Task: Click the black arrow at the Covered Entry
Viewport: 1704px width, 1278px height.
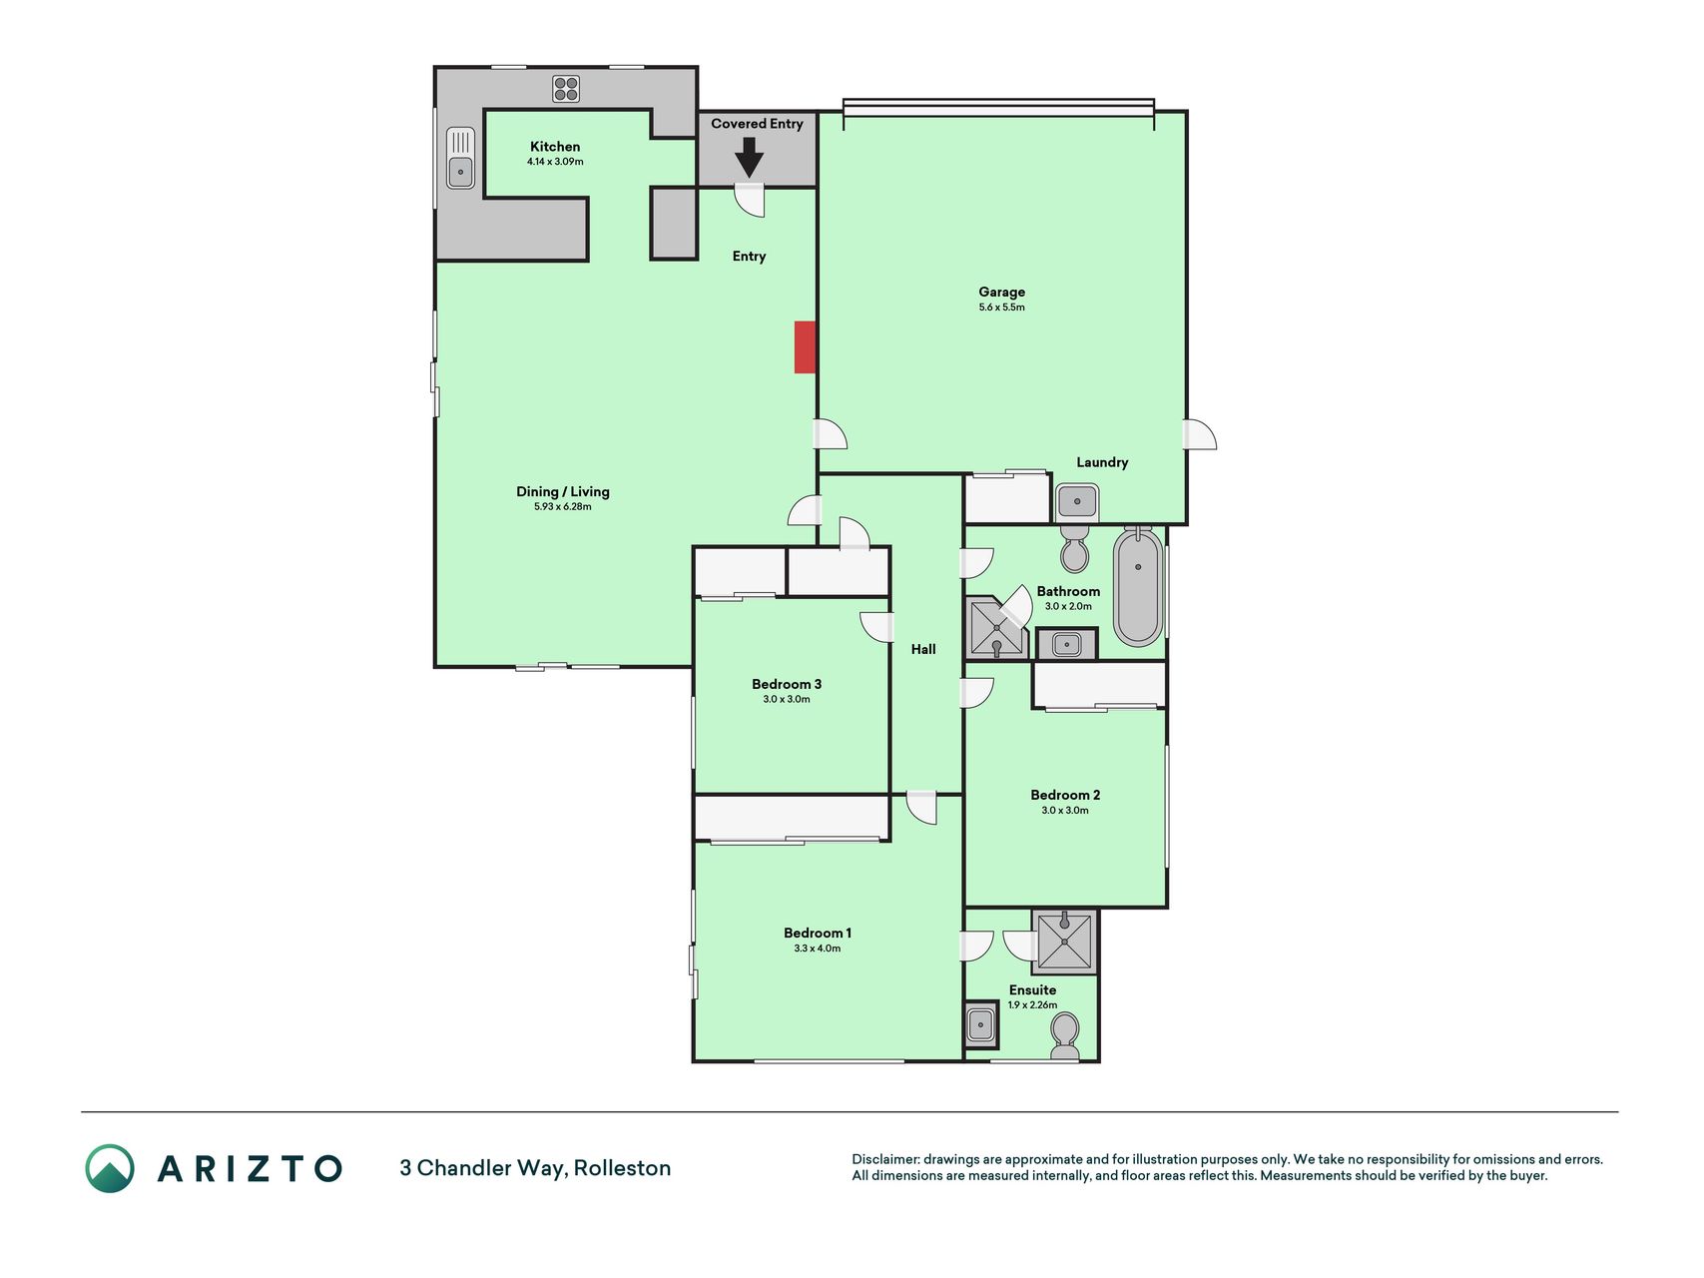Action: pyautogui.click(x=750, y=158)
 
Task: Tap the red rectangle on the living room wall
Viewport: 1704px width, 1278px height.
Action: pyautogui.click(x=806, y=347)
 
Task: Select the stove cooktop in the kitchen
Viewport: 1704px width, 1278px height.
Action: pyautogui.click(x=566, y=89)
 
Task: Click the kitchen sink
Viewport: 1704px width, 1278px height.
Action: pyautogui.click(x=460, y=157)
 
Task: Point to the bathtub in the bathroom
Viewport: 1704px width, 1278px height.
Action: pyautogui.click(x=1138, y=587)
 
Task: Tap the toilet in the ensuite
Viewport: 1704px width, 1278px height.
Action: pyautogui.click(x=1065, y=1036)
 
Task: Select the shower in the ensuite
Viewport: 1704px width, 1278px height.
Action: pyautogui.click(x=1065, y=941)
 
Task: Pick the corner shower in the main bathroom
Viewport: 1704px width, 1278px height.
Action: pyautogui.click(x=996, y=629)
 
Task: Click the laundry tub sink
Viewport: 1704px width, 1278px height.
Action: pyautogui.click(x=1077, y=501)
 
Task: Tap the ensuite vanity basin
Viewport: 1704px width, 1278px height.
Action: pyautogui.click(x=981, y=1024)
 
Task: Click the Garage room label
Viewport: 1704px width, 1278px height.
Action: pyautogui.click(x=1001, y=293)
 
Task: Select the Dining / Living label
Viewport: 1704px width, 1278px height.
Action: pyautogui.click(x=562, y=491)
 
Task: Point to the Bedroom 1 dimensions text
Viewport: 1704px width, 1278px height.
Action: pyautogui.click(x=818, y=949)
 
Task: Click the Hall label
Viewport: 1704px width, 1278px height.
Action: pyautogui.click(x=923, y=649)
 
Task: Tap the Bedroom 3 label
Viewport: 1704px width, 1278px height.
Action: pyautogui.click(x=787, y=684)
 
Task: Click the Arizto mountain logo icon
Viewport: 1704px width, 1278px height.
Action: pyautogui.click(x=110, y=1168)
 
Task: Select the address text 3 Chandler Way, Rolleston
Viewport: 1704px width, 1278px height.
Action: pyautogui.click(x=535, y=1168)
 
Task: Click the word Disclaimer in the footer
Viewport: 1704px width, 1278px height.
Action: pyautogui.click(x=884, y=1159)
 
